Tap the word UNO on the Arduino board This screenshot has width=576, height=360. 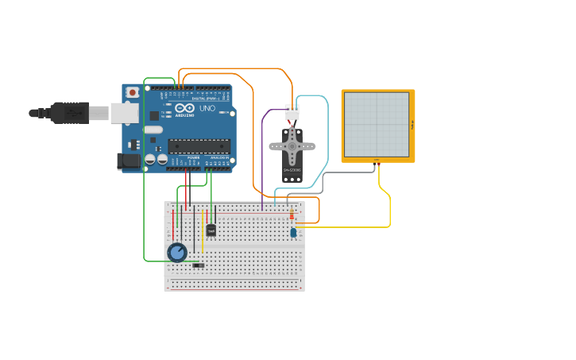[x=207, y=108]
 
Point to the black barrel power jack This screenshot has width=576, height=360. [x=128, y=161]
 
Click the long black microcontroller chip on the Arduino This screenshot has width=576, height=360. [x=199, y=145]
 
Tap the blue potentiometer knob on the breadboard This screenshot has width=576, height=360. [x=177, y=253]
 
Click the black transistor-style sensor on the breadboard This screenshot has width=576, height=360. [x=211, y=230]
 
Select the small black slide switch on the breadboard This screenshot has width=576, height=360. [x=198, y=265]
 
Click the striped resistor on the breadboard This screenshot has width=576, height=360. [x=292, y=214]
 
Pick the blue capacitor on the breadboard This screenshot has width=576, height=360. [x=293, y=233]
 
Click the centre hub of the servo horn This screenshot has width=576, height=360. [x=292, y=146]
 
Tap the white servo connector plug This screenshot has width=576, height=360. [x=292, y=113]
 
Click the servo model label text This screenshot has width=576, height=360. [x=292, y=170]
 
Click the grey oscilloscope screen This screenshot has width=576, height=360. [x=377, y=124]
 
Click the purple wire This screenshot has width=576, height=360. [x=262, y=159]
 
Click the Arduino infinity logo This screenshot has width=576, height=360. [x=184, y=108]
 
